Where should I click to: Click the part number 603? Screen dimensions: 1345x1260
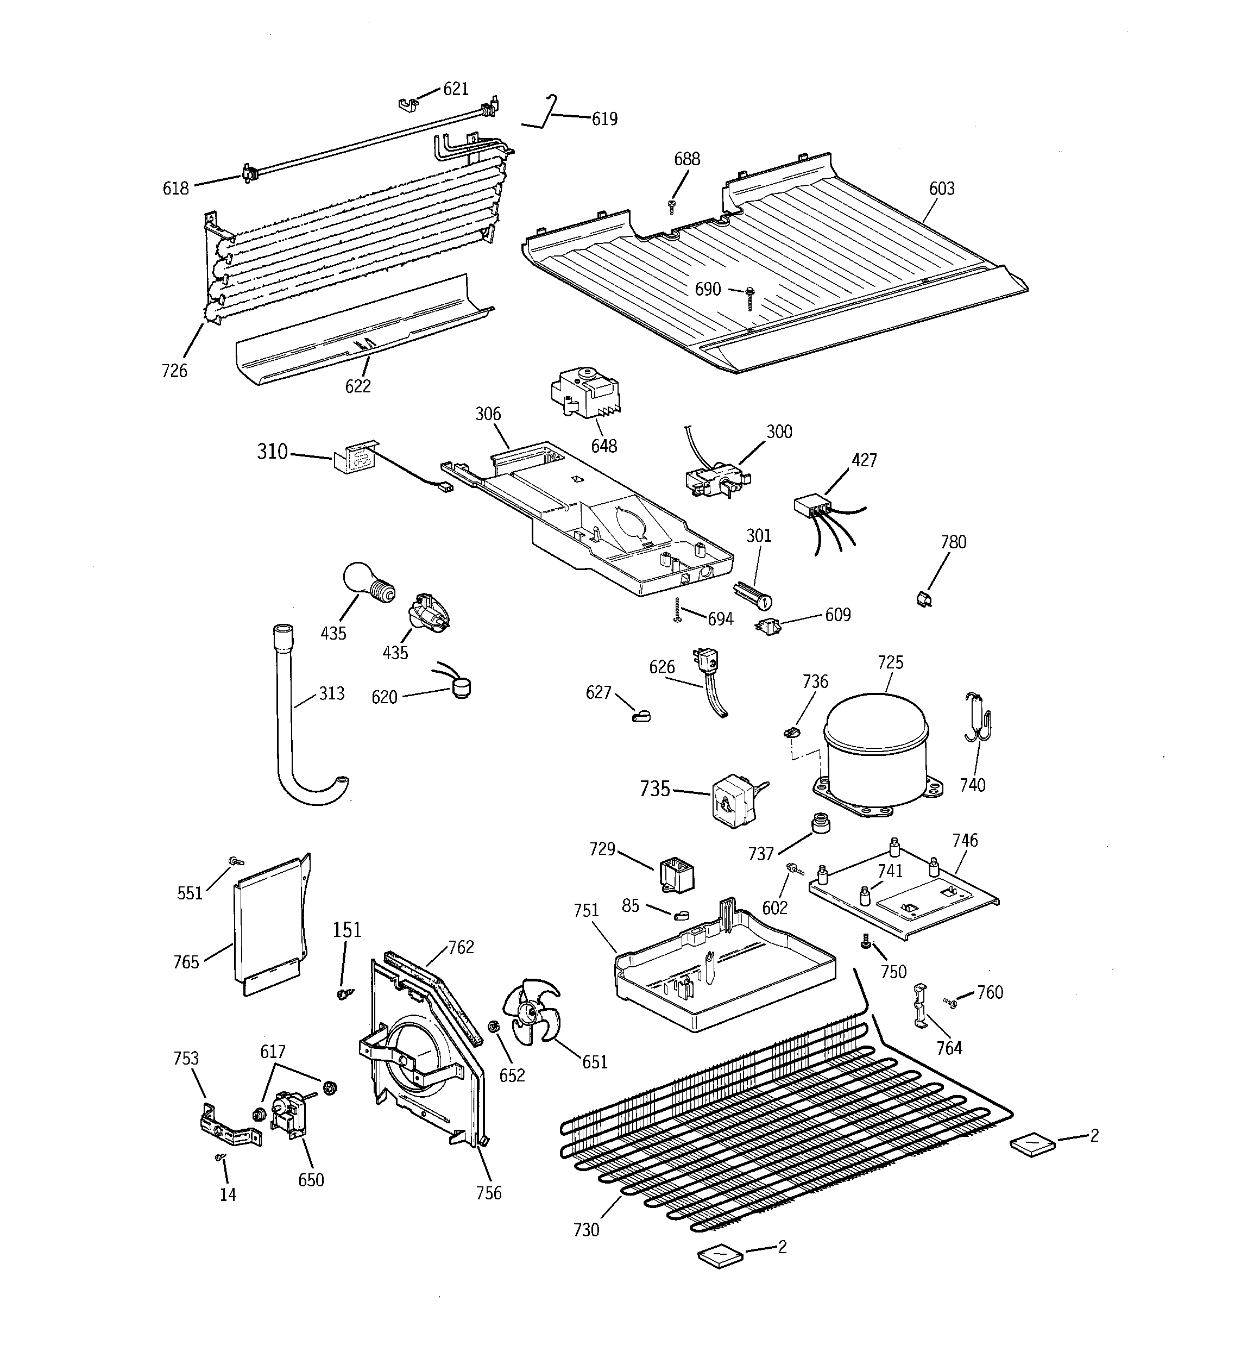941,189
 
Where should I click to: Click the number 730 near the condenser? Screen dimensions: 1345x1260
585,1229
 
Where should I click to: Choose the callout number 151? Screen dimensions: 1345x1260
346,930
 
